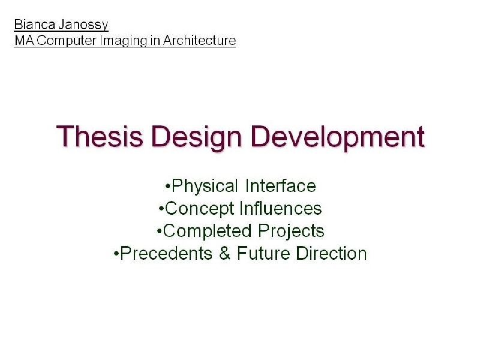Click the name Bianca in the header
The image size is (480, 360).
pyautogui.click(x=35, y=24)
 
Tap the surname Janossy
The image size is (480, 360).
pyautogui.click(x=83, y=25)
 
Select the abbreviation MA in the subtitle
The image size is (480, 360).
pyautogui.click(x=25, y=40)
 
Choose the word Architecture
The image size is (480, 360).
pyautogui.click(x=199, y=40)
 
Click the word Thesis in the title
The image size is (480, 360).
pyautogui.click(x=100, y=136)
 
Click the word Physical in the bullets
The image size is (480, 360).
pyautogui.click(x=205, y=187)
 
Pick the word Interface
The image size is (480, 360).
pyautogui.click(x=280, y=186)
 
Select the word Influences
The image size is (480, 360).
pyautogui.click(x=281, y=208)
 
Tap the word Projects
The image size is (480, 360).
pyautogui.click(x=291, y=232)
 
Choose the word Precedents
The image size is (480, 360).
pyautogui.click(x=166, y=253)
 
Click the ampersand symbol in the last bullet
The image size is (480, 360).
pyautogui.click(x=224, y=253)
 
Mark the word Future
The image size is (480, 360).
pyautogui.click(x=263, y=253)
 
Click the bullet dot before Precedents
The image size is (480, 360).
pyautogui.click(x=116, y=254)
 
